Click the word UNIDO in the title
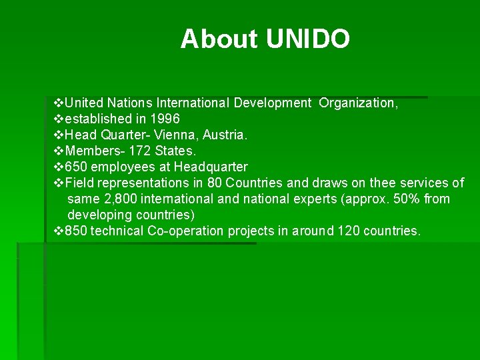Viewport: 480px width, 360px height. click(x=308, y=39)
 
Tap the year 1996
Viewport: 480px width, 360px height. click(x=165, y=119)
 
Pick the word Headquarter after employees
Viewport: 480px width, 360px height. click(x=211, y=167)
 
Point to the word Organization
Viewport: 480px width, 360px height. click(x=358, y=103)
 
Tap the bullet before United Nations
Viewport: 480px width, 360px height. click(x=57, y=103)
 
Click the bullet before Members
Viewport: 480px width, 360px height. click(x=57, y=151)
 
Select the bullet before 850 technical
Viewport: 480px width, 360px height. click(x=57, y=231)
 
